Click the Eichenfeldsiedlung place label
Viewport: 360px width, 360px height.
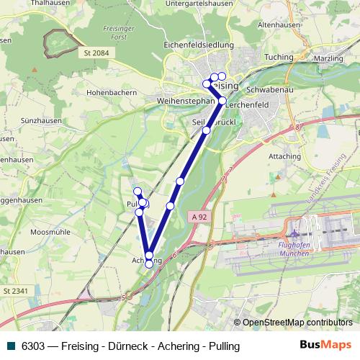click(x=199, y=45)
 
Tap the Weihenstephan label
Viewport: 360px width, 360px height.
click(x=186, y=102)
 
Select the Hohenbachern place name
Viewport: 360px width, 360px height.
click(x=113, y=93)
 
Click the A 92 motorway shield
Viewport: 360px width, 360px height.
click(x=201, y=216)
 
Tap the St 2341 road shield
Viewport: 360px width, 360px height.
click(x=15, y=290)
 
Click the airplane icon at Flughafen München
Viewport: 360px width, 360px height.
click(x=294, y=233)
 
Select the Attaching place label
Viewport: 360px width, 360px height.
click(x=284, y=156)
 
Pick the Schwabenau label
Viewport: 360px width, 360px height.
click(x=267, y=90)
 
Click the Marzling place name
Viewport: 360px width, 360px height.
click(x=334, y=56)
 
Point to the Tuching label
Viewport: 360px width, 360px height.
click(x=279, y=56)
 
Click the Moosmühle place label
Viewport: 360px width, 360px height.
click(x=50, y=233)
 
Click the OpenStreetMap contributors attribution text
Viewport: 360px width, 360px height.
click(x=297, y=323)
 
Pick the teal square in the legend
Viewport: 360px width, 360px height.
click(x=10, y=346)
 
